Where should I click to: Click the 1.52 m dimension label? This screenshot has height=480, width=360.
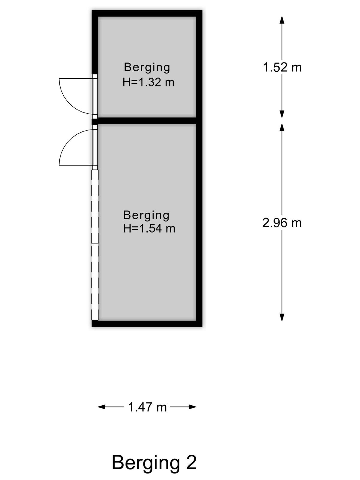pyautogui.click(x=282, y=67)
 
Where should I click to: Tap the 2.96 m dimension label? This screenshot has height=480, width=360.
pyautogui.click(x=282, y=223)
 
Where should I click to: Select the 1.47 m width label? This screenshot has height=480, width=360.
pyautogui.click(x=147, y=407)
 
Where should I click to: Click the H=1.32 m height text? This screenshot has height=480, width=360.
pyautogui.click(x=148, y=82)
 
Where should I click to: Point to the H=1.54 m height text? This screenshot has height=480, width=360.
pyautogui.click(x=149, y=229)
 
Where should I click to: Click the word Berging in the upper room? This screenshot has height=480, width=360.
pyautogui.click(x=147, y=67)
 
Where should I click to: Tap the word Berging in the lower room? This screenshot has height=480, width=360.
pyautogui.click(x=146, y=215)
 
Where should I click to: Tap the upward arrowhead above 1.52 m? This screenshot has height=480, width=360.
pyautogui.click(x=282, y=20)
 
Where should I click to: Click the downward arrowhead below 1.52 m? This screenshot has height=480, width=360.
pyautogui.click(x=282, y=114)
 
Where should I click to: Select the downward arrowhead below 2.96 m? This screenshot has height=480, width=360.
pyautogui.click(x=282, y=317)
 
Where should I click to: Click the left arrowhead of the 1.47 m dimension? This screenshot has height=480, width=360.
pyautogui.click(x=102, y=407)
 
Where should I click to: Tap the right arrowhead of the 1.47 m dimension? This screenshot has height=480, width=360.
pyautogui.click(x=192, y=407)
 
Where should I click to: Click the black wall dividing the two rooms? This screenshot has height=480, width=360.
pyautogui.click(x=147, y=121)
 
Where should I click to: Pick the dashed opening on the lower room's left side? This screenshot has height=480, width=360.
pyautogui.click(x=95, y=245)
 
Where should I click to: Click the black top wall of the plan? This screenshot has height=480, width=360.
pyautogui.click(x=147, y=13)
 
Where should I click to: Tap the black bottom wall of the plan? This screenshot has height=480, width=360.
pyautogui.click(x=147, y=324)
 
